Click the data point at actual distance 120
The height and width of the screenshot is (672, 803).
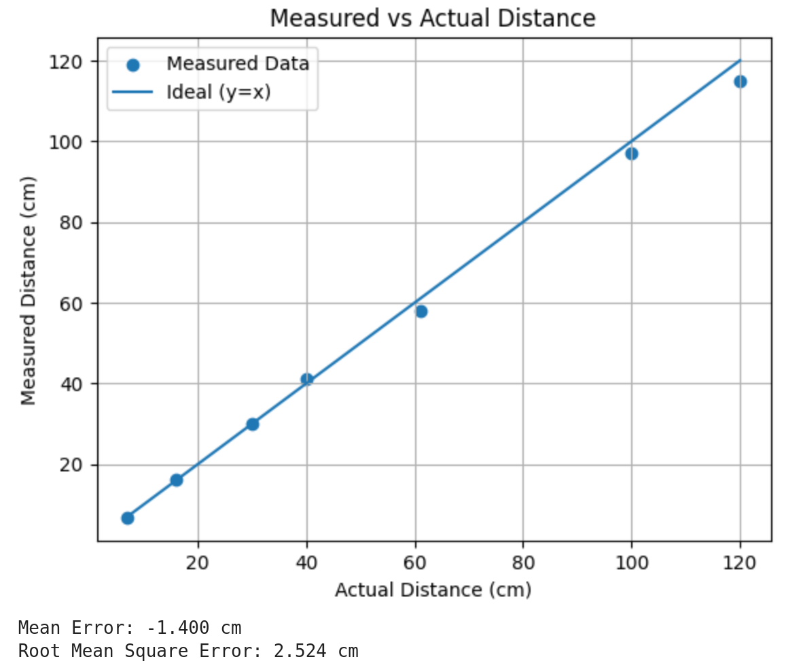click(x=740, y=82)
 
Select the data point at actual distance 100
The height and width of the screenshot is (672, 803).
click(x=631, y=154)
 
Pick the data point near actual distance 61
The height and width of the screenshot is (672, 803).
click(x=421, y=312)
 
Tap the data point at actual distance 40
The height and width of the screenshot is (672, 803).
click(x=306, y=379)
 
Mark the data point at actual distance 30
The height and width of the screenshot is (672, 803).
click(x=252, y=424)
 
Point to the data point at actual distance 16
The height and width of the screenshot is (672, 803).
click(x=176, y=480)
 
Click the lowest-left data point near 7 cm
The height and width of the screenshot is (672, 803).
click(x=127, y=518)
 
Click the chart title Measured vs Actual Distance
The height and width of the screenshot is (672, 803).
click(x=433, y=18)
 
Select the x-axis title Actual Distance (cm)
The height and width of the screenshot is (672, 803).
click(x=433, y=590)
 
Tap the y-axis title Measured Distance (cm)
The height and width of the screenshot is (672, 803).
click(x=28, y=290)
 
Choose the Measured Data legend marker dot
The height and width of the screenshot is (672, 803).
click(x=133, y=65)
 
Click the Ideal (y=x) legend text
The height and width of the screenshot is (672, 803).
click(x=219, y=92)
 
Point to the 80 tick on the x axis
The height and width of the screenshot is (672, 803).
click(x=522, y=565)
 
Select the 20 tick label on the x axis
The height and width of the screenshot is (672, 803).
click(x=198, y=565)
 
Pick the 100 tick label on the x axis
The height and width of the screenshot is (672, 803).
click(x=631, y=565)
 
